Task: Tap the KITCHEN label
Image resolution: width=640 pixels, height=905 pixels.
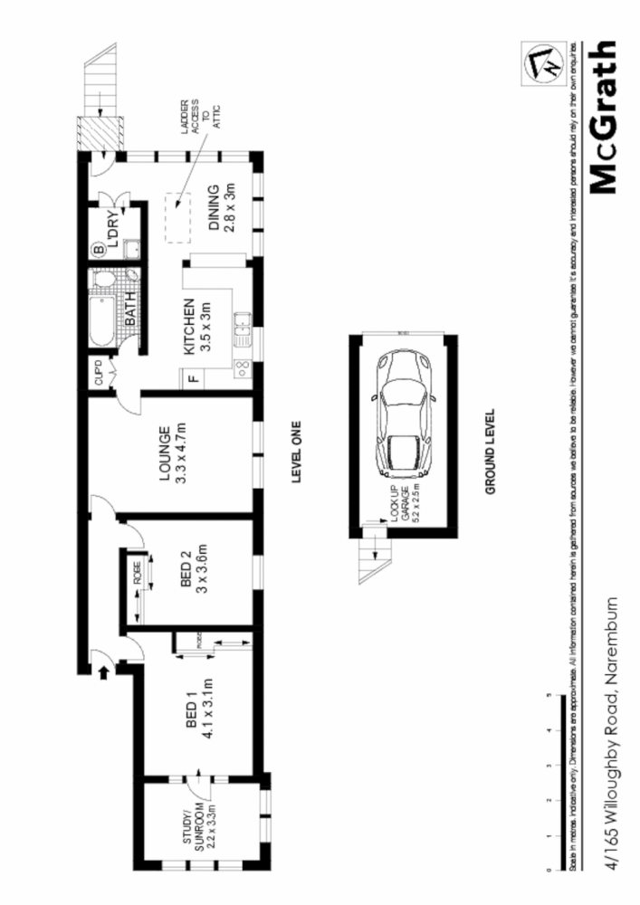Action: [x=198, y=329]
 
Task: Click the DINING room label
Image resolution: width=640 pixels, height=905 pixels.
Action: [x=222, y=208]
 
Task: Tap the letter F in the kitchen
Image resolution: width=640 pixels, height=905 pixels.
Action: [x=193, y=380]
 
